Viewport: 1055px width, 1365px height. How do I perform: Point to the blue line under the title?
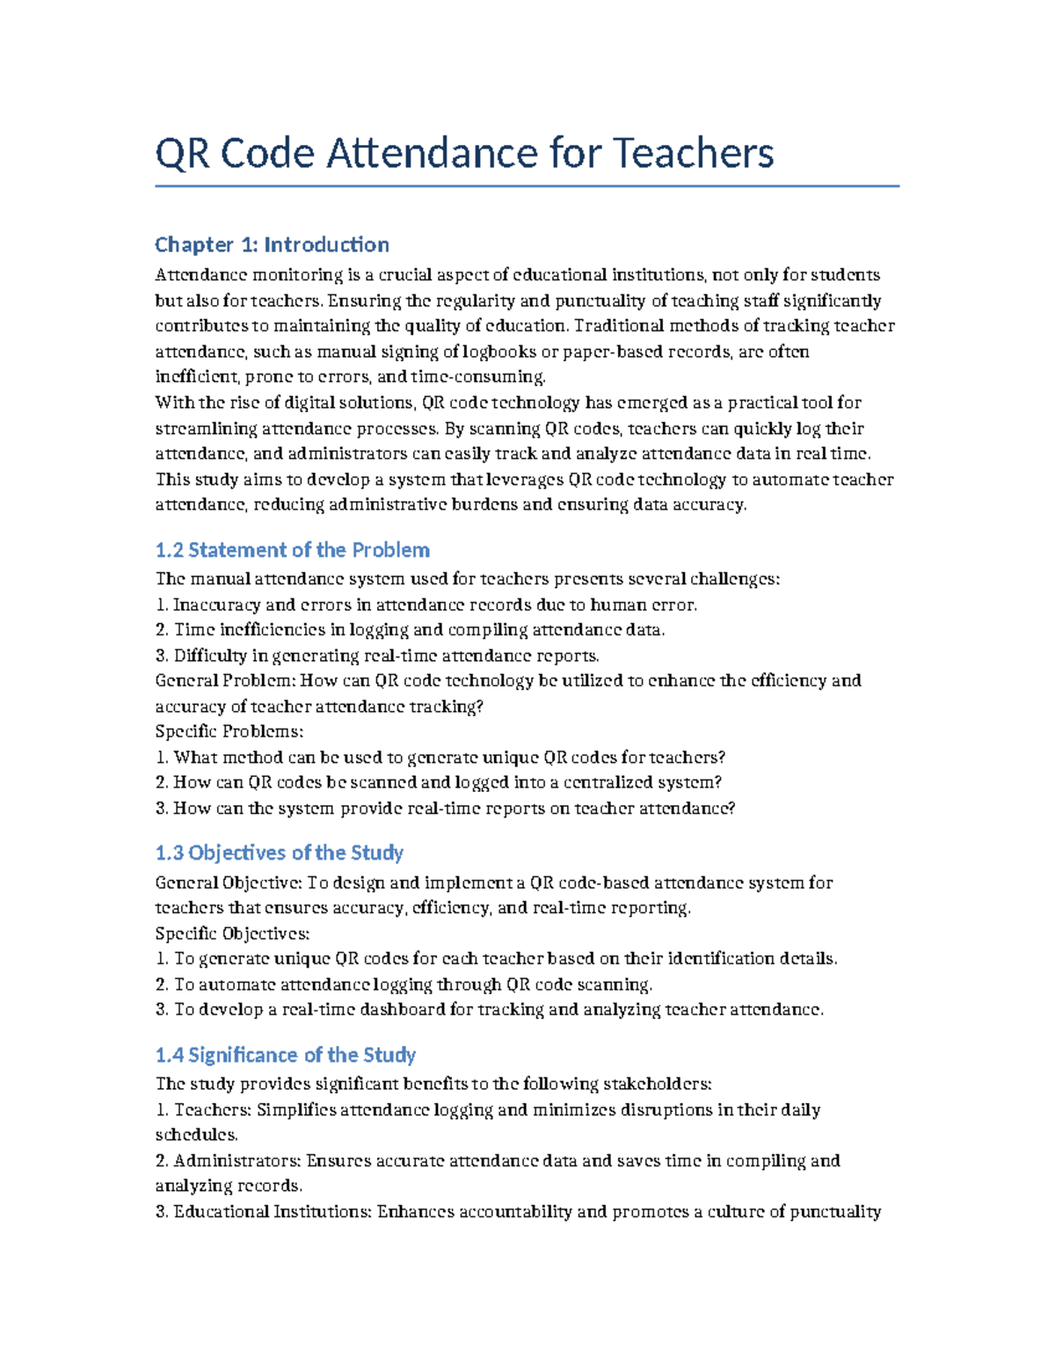pos(527,186)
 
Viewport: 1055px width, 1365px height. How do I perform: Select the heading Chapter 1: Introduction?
pos(272,244)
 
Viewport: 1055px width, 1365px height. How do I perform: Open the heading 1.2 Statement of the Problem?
pos(292,550)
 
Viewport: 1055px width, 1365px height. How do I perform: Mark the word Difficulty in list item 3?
pos(210,656)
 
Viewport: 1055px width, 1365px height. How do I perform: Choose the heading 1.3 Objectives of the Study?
pos(279,853)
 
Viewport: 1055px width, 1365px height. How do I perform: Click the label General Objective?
pos(229,882)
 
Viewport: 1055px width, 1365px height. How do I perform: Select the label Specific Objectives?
pos(232,933)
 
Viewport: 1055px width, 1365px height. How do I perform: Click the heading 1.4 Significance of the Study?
pos(285,1055)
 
